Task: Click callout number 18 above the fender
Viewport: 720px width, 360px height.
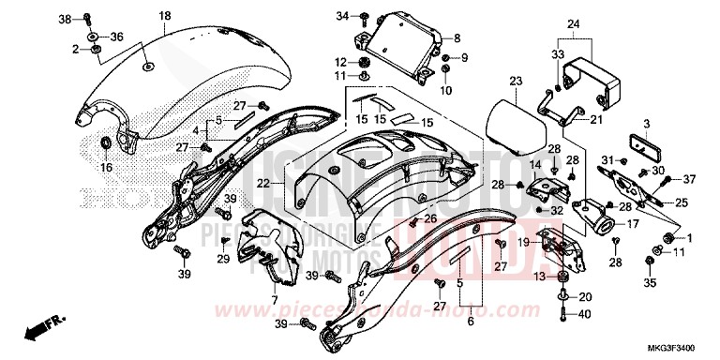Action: coord(164,16)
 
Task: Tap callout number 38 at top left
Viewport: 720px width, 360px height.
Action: coord(65,19)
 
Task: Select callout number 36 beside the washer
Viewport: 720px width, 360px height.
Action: coord(117,37)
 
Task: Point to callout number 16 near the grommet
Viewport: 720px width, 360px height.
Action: coord(105,167)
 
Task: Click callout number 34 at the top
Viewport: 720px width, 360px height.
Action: coord(342,16)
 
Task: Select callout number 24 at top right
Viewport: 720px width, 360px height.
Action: coord(574,23)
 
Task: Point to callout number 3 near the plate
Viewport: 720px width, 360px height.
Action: coord(646,123)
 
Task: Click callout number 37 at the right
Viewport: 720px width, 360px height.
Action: coord(689,179)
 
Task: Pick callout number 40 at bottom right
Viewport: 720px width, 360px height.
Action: coord(586,314)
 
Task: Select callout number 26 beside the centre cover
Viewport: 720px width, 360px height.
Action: coord(430,217)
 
